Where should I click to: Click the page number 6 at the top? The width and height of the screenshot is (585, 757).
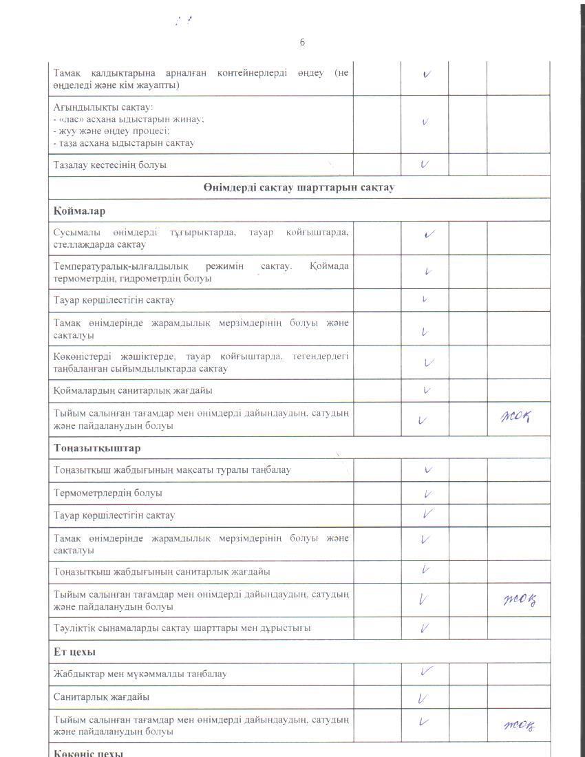click(x=302, y=42)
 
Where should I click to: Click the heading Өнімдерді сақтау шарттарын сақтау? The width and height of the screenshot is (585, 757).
click(x=299, y=188)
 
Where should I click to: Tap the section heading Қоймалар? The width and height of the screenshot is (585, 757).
click(x=79, y=211)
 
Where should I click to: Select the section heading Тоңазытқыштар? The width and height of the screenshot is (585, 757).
click(x=97, y=448)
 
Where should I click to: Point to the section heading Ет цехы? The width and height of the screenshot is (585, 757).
click(x=74, y=651)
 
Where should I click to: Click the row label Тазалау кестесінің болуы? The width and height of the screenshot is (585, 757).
click(x=110, y=165)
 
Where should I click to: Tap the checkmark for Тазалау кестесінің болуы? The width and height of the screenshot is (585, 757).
click(x=425, y=164)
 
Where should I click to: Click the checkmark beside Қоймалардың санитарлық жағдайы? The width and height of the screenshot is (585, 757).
click(x=426, y=390)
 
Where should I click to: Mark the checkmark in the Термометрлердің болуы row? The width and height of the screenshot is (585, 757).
click(x=427, y=493)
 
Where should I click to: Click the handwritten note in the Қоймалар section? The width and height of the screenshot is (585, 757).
click(x=518, y=416)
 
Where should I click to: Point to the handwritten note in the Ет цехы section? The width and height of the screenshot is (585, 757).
click(x=520, y=725)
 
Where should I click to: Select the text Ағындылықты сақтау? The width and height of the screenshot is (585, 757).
click(x=103, y=107)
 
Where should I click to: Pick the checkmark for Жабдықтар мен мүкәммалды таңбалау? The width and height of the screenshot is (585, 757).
click(x=426, y=672)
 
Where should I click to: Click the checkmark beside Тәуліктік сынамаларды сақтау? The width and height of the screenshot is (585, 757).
click(x=425, y=628)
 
